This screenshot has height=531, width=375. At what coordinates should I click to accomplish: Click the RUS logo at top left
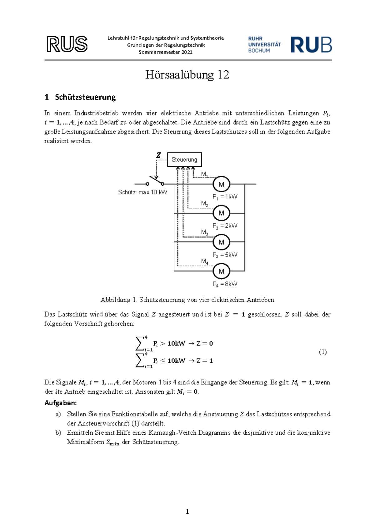[67, 44]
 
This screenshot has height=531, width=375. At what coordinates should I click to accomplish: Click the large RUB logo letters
[311, 45]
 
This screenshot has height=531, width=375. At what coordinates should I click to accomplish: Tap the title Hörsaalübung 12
[187, 75]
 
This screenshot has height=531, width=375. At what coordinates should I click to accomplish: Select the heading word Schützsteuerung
[85, 97]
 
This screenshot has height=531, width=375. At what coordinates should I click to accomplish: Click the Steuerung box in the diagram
[184, 159]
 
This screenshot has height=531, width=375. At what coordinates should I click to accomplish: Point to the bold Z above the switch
[159, 155]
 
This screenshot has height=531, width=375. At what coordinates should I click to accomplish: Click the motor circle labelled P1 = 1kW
[221, 184]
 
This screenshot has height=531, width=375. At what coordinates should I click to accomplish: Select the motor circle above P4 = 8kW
[221, 271]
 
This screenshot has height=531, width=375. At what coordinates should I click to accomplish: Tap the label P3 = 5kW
[225, 255]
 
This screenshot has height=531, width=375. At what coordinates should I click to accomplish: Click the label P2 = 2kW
[225, 226]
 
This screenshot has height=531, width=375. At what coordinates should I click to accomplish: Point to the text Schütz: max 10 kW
[142, 192]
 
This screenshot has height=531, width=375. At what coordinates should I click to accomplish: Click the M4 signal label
[205, 261]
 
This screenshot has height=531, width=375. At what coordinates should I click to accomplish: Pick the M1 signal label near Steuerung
[205, 174]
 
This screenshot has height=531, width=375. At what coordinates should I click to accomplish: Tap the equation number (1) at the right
[323, 352]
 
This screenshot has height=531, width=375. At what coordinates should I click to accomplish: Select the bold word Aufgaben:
[61, 403]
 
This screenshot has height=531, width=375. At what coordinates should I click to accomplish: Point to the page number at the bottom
[187, 512]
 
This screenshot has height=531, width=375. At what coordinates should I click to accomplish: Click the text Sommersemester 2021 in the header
[166, 52]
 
